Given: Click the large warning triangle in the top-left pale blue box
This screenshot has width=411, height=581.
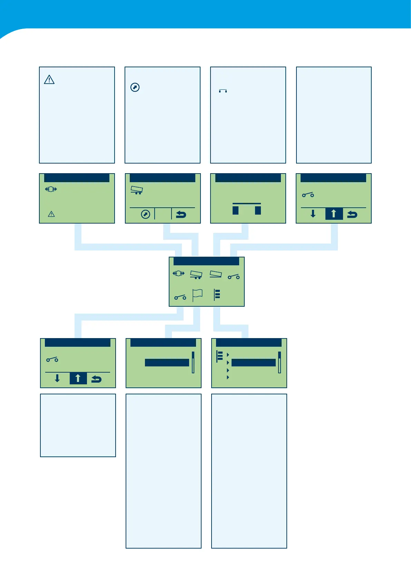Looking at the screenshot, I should pyautogui.click(x=49, y=80).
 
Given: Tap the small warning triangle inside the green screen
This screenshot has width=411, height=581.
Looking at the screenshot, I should pyautogui.click(x=51, y=214).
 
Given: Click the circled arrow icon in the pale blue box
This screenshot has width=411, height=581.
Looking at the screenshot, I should pyautogui.click(x=135, y=87).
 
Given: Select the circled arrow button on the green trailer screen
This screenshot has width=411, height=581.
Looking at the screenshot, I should pyautogui.click(x=146, y=215).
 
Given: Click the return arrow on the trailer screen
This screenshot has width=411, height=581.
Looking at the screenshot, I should pyautogui.click(x=181, y=215).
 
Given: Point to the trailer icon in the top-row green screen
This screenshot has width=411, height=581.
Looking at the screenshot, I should pyautogui.click(x=137, y=190).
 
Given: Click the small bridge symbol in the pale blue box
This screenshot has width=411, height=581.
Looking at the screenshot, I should pyautogui.click(x=223, y=91).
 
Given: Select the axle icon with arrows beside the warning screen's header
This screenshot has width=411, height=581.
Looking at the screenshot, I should pyautogui.click(x=51, y=189).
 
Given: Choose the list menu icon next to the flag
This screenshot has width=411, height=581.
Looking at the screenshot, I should pyautogui.click(x=217, y=295).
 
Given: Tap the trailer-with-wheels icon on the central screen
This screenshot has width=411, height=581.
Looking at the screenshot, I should pyautogui.click(x=196, y=275).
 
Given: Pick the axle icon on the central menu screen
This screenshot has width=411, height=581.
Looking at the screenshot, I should pyautogui.click(x=178, y=274).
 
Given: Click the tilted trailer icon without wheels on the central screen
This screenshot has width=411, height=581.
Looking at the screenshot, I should pyautogui.click(x=216, y=274).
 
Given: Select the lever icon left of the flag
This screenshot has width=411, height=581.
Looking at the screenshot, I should pyautogui.click(x=180, y=297).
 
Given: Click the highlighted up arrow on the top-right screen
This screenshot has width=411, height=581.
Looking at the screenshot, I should pyautogui.click(x=334, y=214).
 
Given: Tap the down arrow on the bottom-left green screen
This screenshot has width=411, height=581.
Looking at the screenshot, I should pyautogui.click(x=57, y=379).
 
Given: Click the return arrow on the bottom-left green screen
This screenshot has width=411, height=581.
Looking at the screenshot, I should pyautogui.click(x=96, y=379).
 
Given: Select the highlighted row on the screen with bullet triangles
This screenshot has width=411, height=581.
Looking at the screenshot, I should pyautogui.click(x=253, y=363).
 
